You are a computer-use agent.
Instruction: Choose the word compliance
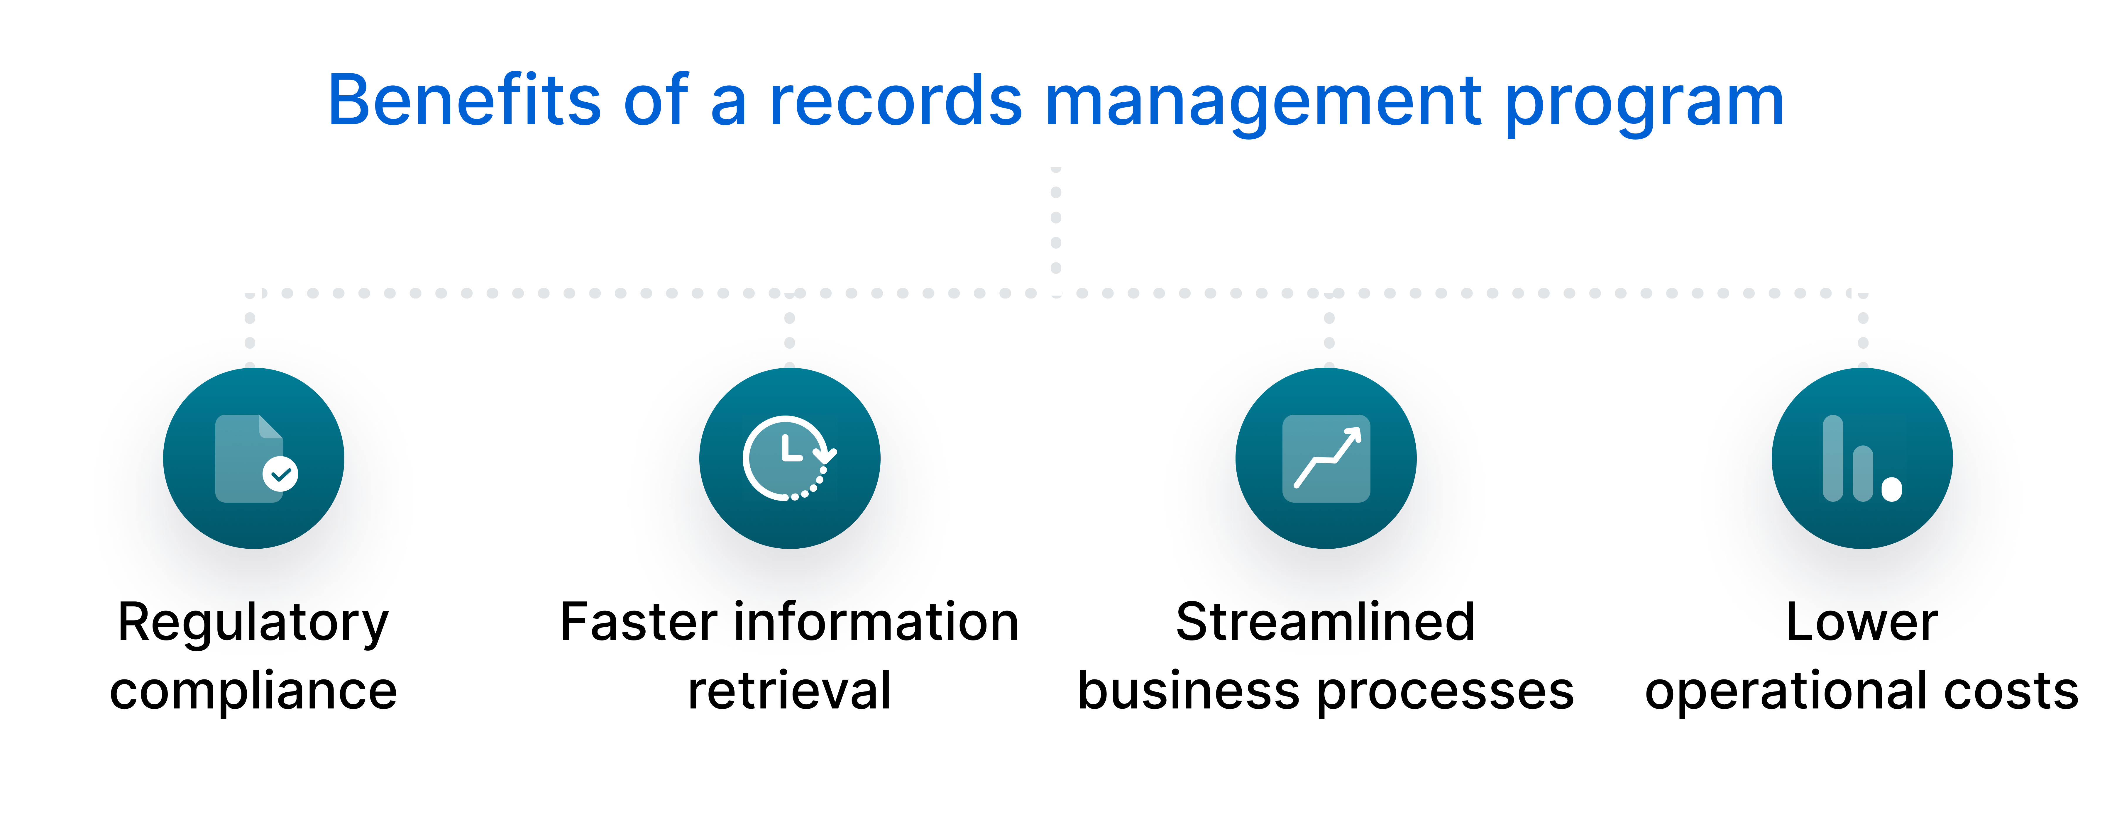click(253, 691)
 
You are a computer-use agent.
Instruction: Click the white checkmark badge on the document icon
click(280, 474)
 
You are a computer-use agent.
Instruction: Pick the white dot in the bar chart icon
click(1891, 489)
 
